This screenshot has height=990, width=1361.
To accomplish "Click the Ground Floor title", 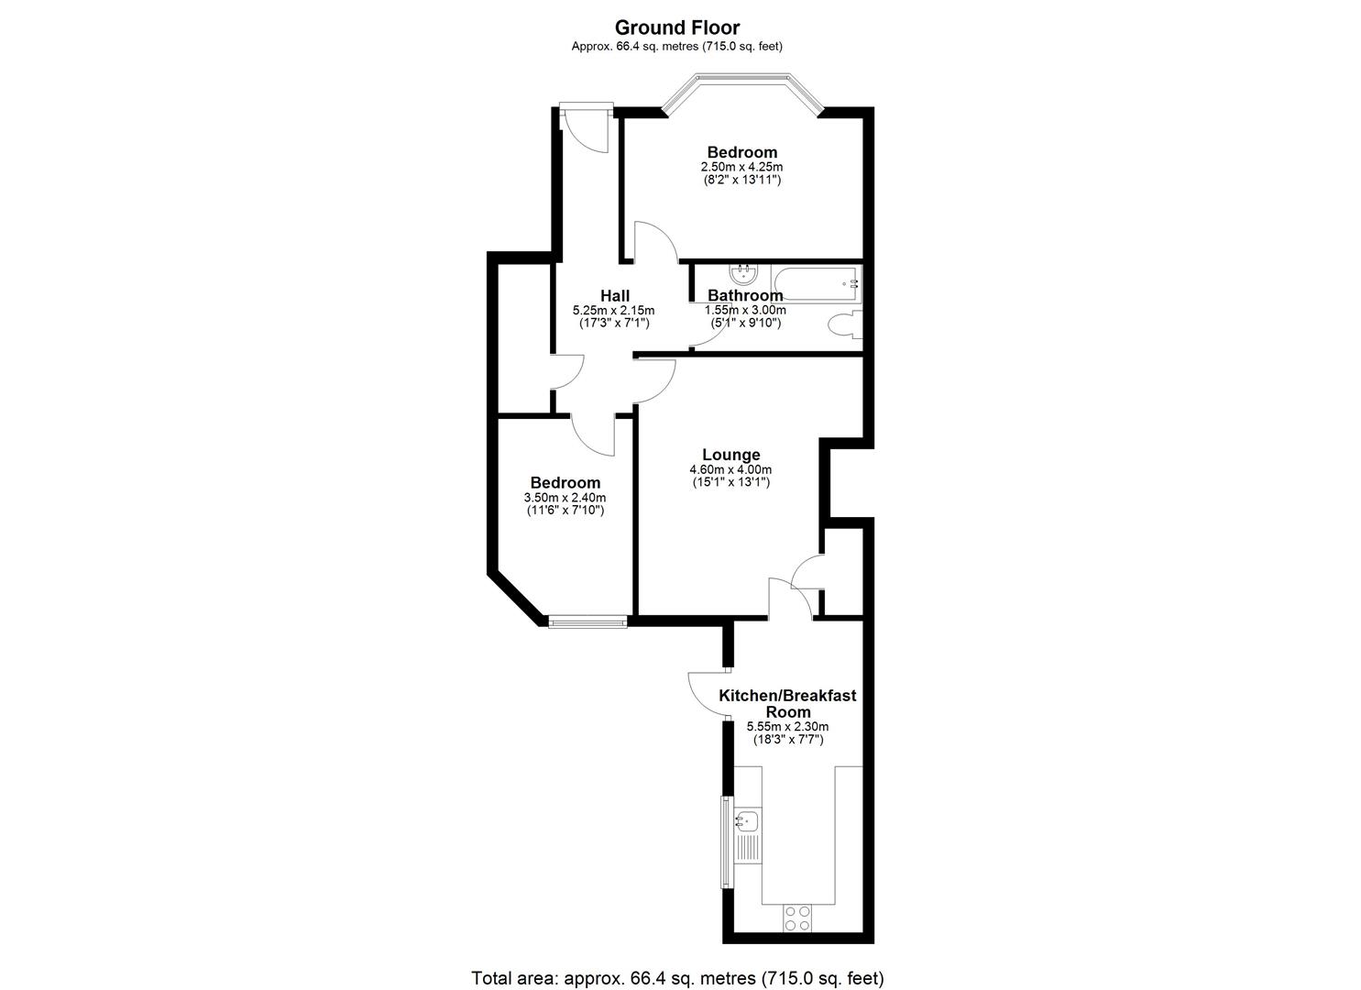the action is coord(677,27).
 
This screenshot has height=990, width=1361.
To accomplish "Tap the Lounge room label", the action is coord(731,455).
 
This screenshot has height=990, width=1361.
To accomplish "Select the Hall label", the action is coord(615,296).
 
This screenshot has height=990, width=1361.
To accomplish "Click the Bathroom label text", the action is coord(745,295).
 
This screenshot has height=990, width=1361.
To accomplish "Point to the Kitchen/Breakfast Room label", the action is coord(787,703).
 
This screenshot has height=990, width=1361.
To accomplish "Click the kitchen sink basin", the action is coord(747,821).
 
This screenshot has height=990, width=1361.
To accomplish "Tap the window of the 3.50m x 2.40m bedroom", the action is coord(587,621).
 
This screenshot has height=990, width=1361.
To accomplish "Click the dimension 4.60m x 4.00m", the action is coord(731,469).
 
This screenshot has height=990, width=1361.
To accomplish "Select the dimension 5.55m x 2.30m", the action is coord(787,726).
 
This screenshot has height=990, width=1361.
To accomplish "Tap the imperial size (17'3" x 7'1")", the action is coord(615,324).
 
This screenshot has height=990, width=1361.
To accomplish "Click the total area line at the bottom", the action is coord(677,962).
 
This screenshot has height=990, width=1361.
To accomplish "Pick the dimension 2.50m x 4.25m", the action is coord(741,167).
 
